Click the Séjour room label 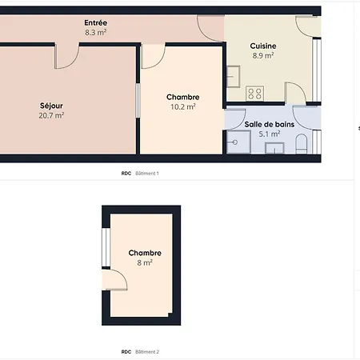52,106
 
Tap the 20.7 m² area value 52,116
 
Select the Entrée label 96,23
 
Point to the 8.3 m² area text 96,34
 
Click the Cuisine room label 263,46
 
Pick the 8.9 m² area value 263,56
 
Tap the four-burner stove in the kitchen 255,93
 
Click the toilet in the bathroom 302,144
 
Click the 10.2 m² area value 182,106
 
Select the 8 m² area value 145,262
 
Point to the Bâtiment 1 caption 147,174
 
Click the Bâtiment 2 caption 147,352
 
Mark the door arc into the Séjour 66,56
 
